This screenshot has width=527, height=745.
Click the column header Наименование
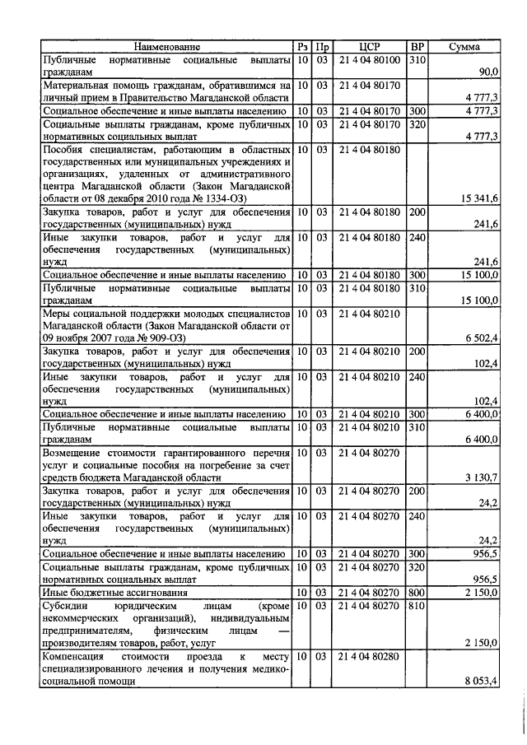(x=167, y=48)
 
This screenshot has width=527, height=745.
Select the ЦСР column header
(x=370, y=48)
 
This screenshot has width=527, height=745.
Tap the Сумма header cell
(x=464, y=48)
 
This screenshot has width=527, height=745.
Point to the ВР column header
(x=417, y=48)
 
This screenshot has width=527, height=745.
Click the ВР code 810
(x=417, y=605)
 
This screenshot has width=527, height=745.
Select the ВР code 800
(x=417, y=593)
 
